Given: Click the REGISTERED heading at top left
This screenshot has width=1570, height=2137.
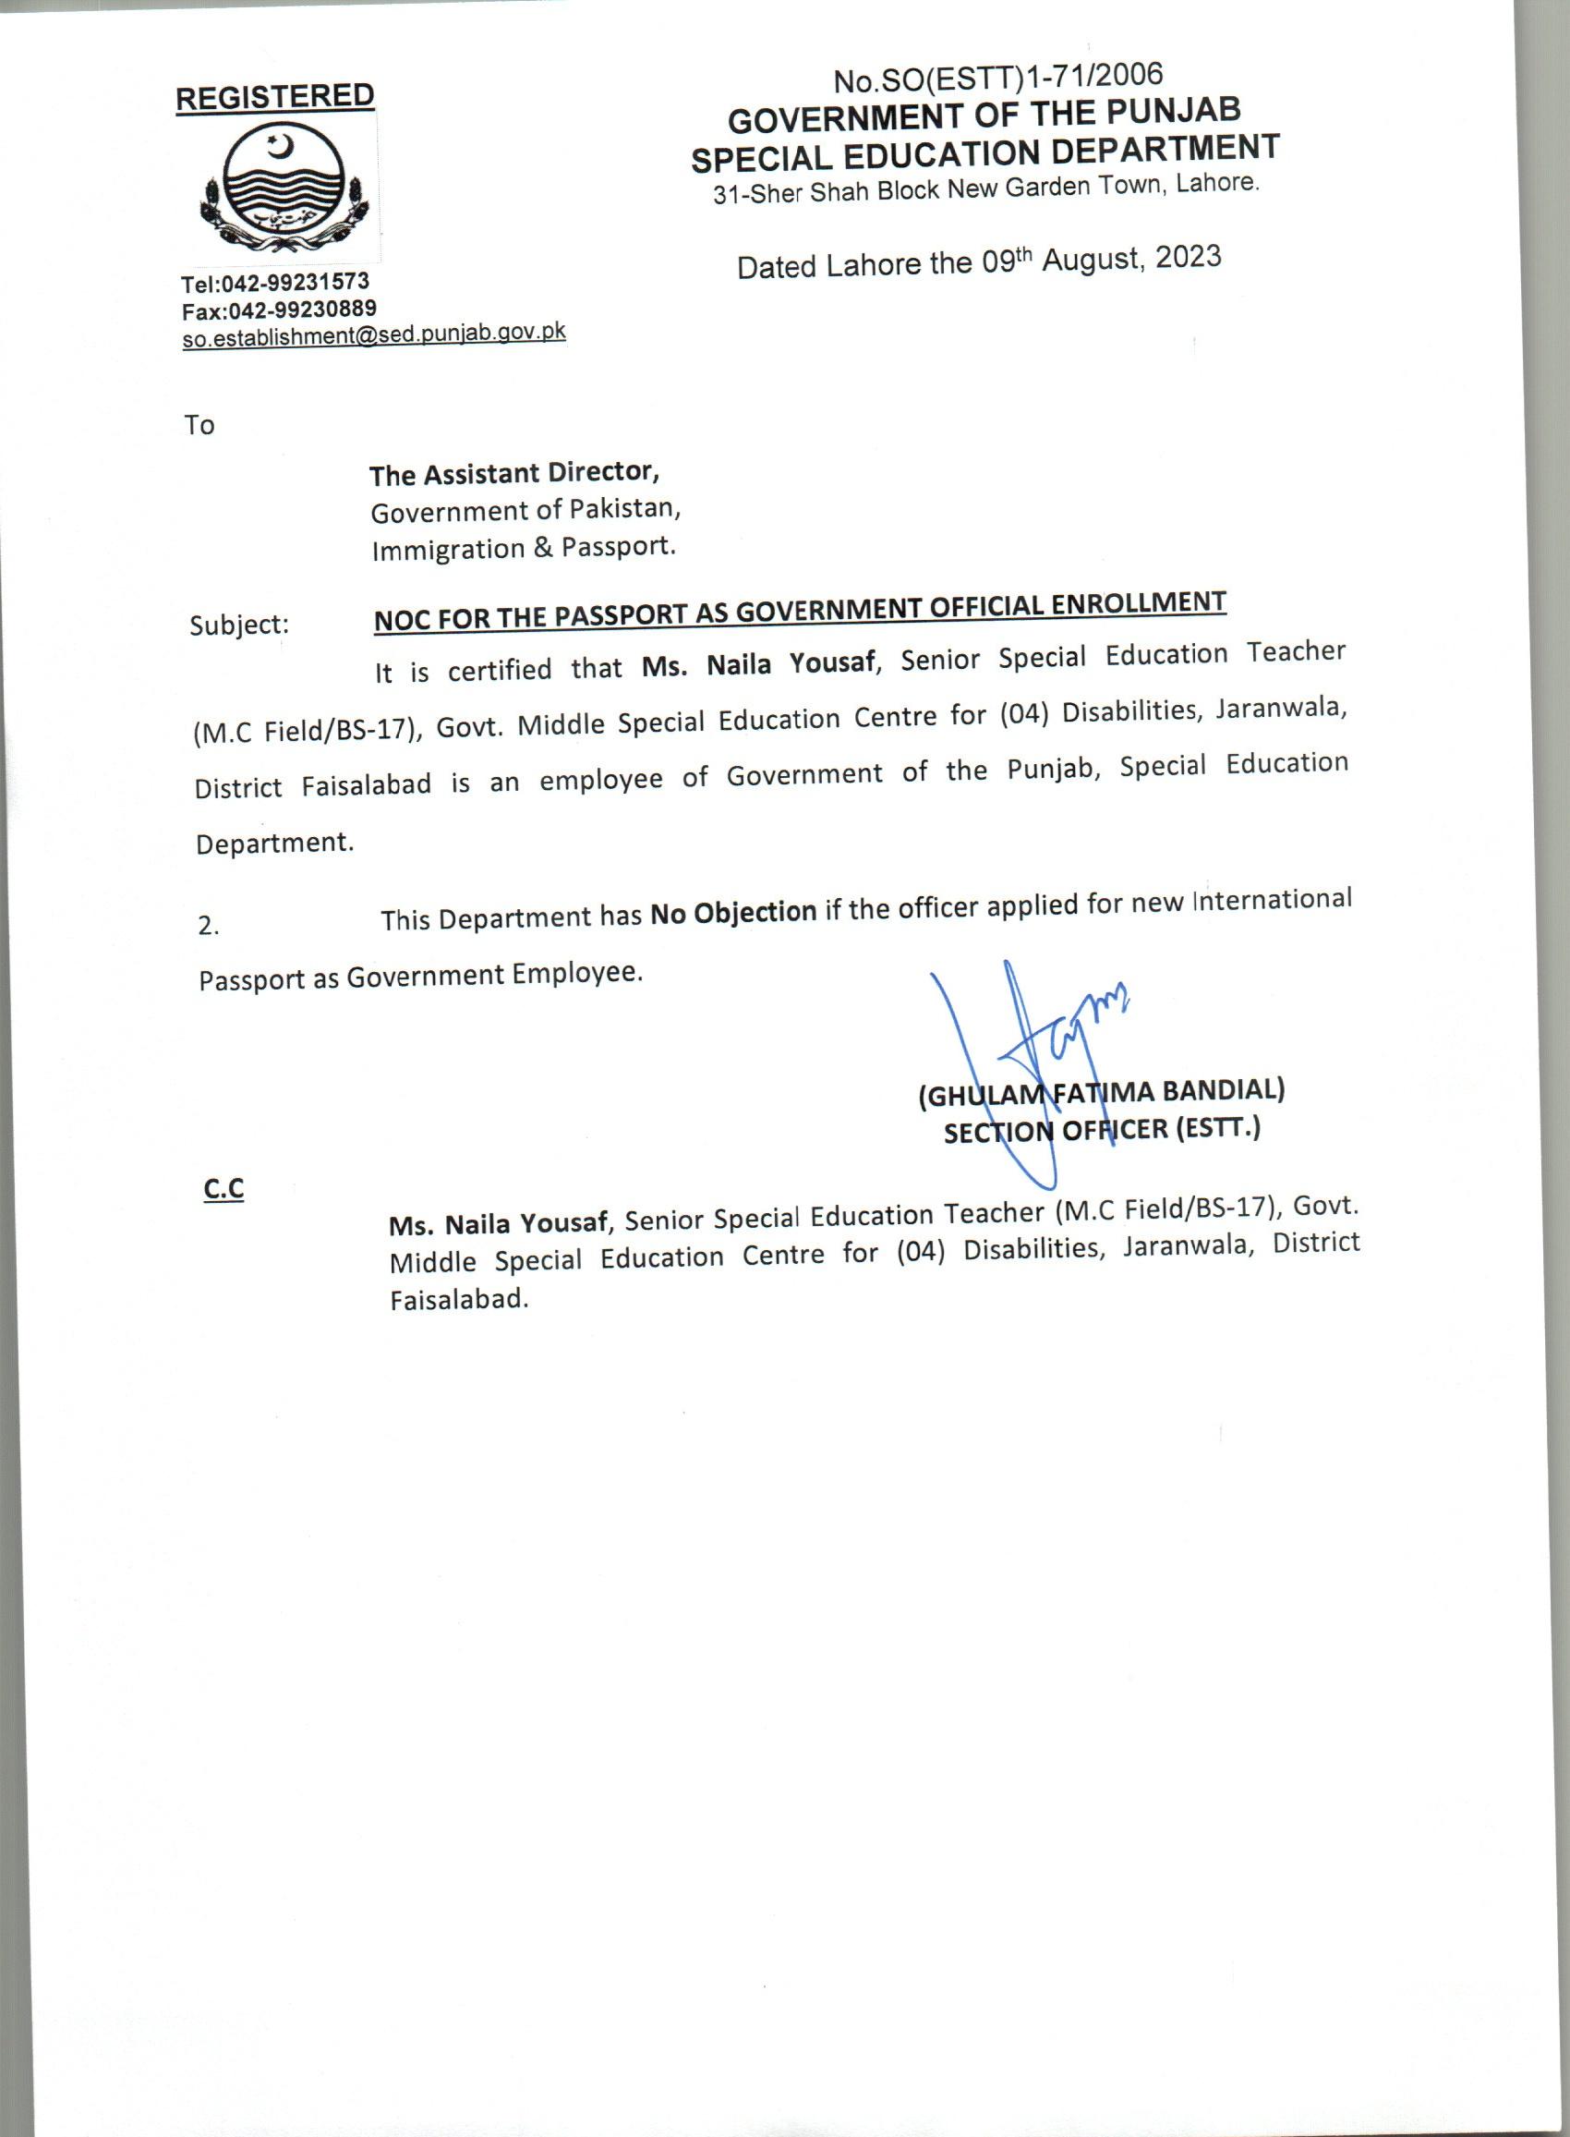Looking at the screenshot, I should (274, 97).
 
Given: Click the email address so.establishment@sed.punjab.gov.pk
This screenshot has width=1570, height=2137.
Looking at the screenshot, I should (373, 334).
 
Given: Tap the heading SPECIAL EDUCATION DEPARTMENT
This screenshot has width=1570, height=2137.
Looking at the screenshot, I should (984, 152).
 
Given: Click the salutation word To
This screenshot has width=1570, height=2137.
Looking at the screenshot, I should (199, 425).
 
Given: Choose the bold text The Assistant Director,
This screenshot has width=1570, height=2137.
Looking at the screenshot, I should (514, 472).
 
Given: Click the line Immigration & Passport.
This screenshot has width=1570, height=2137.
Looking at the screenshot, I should (524, 549).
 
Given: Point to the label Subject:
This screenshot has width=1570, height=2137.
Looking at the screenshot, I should (239, 625).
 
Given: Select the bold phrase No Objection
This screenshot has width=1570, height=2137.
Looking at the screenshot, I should (732, 913).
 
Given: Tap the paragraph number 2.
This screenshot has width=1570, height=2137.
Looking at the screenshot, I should (208, 926).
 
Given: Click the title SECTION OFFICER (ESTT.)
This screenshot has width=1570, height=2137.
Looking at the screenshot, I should (1102, 1130).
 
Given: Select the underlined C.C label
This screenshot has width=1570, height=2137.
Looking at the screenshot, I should (223, 1189).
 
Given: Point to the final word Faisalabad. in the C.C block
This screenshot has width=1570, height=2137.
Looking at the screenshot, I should (458, 1300).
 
